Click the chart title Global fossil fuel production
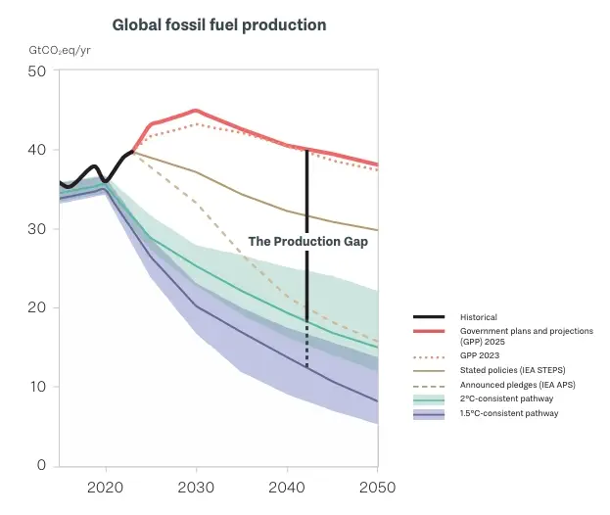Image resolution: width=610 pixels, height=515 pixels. [x=219, y=23]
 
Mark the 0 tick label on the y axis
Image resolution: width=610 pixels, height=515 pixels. [x=40, y=465]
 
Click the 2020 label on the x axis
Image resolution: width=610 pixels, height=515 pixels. [x=105, y=487]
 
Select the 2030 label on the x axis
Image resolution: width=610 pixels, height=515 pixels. [x=196, y=487]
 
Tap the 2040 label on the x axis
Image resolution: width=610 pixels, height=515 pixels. [x=287, y=487]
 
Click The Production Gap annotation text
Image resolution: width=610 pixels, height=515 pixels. [x=307, y=241]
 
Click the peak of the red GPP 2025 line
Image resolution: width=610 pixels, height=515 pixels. [x=196, y=111]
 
